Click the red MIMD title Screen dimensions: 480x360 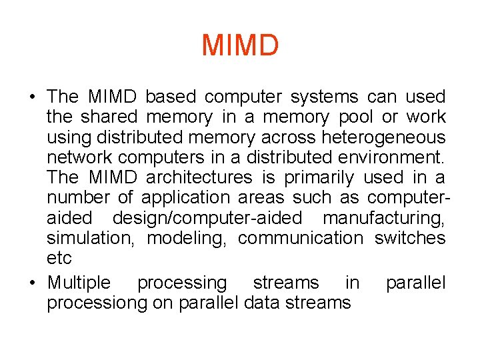[x=240, y=45]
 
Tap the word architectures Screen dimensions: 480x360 [x=199, y=177]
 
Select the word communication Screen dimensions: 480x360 [x=300, y=237]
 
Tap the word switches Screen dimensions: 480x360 [x=410, y=237]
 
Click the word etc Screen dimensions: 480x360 [x=59, y=258]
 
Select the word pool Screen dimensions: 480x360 [x=356, y=117]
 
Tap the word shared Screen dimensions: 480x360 [x=109, y=117]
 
